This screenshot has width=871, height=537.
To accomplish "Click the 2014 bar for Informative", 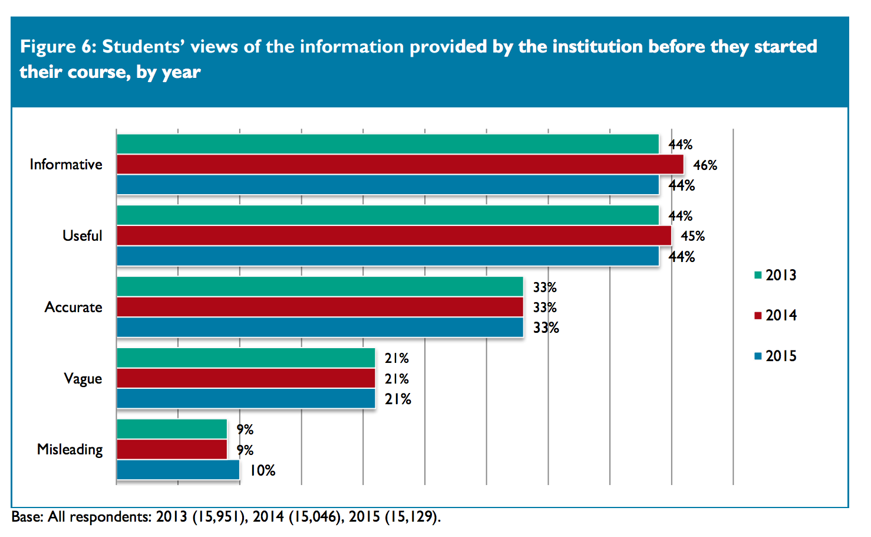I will coord(400,165).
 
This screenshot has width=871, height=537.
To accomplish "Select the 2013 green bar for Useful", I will coord(387,215).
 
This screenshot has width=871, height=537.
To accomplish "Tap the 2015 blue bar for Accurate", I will coord(319,328).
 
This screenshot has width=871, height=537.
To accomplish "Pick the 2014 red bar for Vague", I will coord(246,378).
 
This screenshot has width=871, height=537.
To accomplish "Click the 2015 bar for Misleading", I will coord(178,470).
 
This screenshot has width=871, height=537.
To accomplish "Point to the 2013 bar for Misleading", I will coord(171,429).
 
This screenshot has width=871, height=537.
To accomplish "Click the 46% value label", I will coord(705,165).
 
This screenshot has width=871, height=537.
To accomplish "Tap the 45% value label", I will coord(692,236).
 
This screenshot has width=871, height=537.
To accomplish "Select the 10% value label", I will coord(262,470).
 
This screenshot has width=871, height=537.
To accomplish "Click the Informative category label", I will coord(66,165).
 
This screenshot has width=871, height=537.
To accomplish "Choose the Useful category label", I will coord(83,236).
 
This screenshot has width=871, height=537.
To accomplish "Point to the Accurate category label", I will coord(74,307).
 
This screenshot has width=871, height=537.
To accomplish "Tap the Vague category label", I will coord(83,379).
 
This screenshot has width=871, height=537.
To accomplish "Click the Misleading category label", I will coord(70,450).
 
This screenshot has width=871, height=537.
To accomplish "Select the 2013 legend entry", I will coord(776,275).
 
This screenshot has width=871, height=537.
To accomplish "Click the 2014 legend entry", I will coord(776,315).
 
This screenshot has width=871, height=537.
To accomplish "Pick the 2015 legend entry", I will coord(776,356).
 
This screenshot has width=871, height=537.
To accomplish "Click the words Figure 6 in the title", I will coord(57,47).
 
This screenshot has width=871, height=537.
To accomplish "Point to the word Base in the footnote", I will coord(27,517).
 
